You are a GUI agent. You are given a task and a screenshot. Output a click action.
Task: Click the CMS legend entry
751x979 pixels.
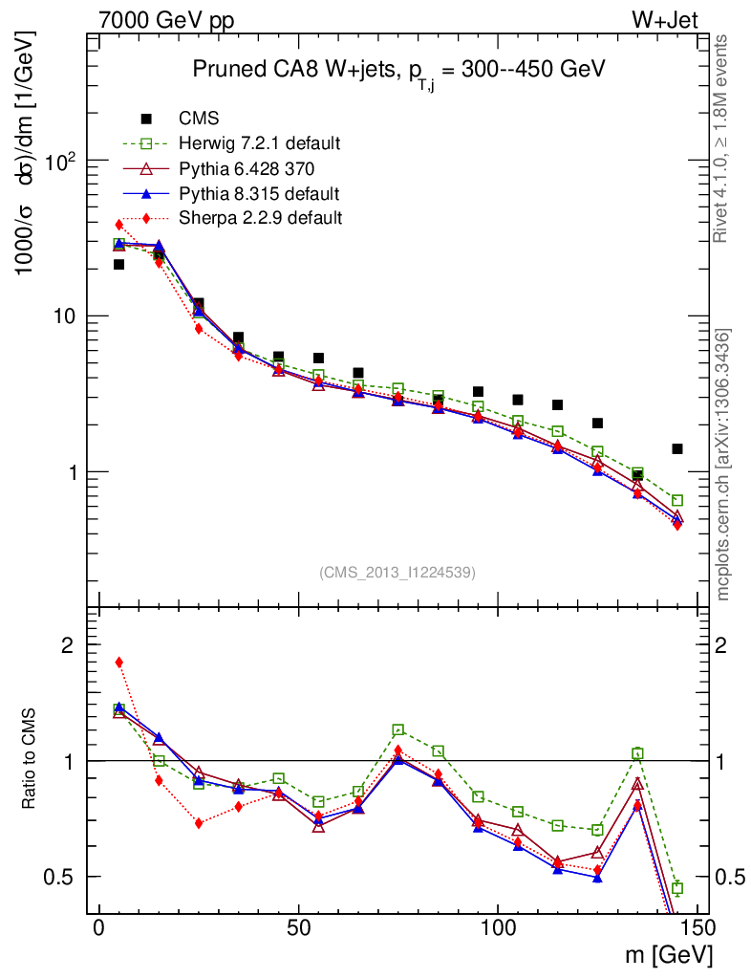coord(199,120)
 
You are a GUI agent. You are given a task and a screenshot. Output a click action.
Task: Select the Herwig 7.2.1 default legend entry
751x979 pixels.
coord(259,144)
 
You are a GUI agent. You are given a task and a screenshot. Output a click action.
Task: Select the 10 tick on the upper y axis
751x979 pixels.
coord(68,316)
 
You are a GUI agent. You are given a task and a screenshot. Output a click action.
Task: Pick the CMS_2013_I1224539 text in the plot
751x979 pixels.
coord(397,572)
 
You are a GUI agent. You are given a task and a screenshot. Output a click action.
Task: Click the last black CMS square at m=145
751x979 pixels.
coord(677,448)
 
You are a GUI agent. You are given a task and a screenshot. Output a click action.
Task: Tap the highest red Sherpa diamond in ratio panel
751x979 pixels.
coord(119,662)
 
